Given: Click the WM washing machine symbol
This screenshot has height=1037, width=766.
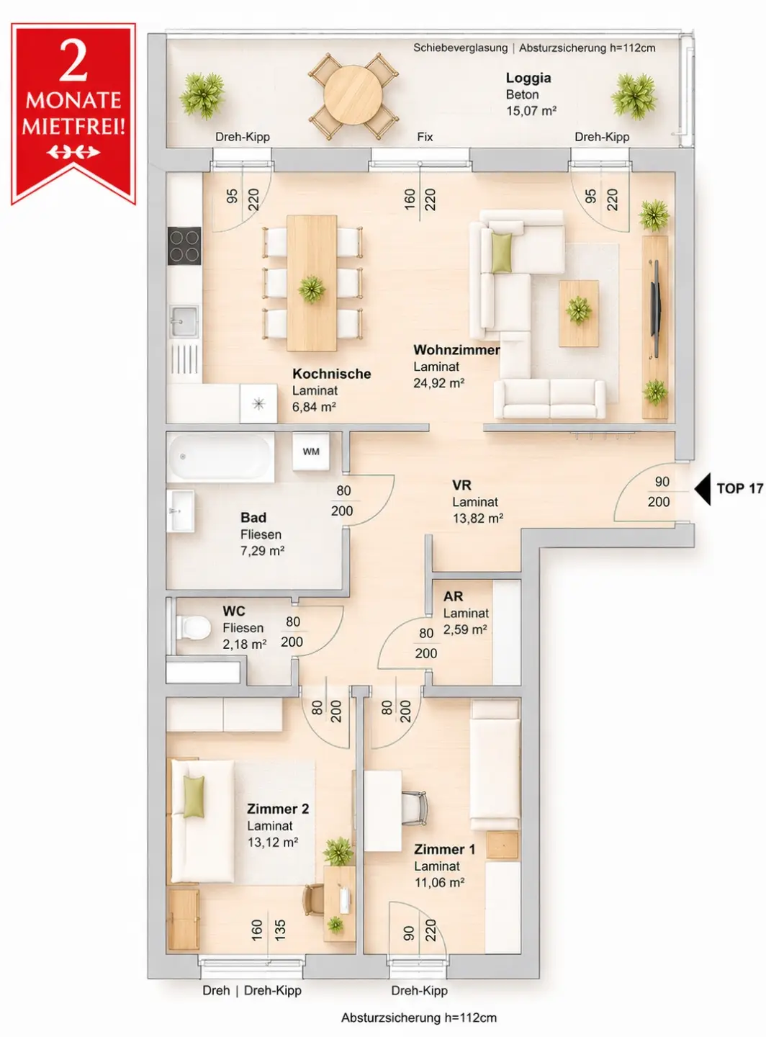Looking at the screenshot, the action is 311,452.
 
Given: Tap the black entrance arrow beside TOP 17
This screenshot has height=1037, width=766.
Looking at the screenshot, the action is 703,489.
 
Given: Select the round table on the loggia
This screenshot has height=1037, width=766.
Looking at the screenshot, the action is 353,95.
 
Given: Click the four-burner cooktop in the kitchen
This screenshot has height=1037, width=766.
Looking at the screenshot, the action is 184,246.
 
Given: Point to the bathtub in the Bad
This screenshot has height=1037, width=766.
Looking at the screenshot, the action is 220,457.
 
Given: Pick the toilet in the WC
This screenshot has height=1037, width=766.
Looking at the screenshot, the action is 192,627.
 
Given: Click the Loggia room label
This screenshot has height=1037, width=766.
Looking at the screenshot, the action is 528,78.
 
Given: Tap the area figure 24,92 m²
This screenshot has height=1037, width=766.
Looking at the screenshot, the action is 438,383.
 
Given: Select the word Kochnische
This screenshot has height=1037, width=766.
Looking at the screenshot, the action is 331,374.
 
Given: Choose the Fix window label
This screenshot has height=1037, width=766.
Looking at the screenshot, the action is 425,137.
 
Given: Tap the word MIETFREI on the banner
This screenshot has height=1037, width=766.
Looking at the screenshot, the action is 73,126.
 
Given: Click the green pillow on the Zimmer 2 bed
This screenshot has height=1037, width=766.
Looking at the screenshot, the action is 194,796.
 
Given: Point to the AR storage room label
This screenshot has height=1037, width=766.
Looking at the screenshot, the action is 454,596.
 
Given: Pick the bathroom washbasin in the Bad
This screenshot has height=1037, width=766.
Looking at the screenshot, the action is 181,511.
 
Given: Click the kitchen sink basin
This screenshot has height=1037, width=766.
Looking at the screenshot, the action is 184,321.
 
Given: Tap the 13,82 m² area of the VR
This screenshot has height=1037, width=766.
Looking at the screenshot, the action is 477,518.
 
